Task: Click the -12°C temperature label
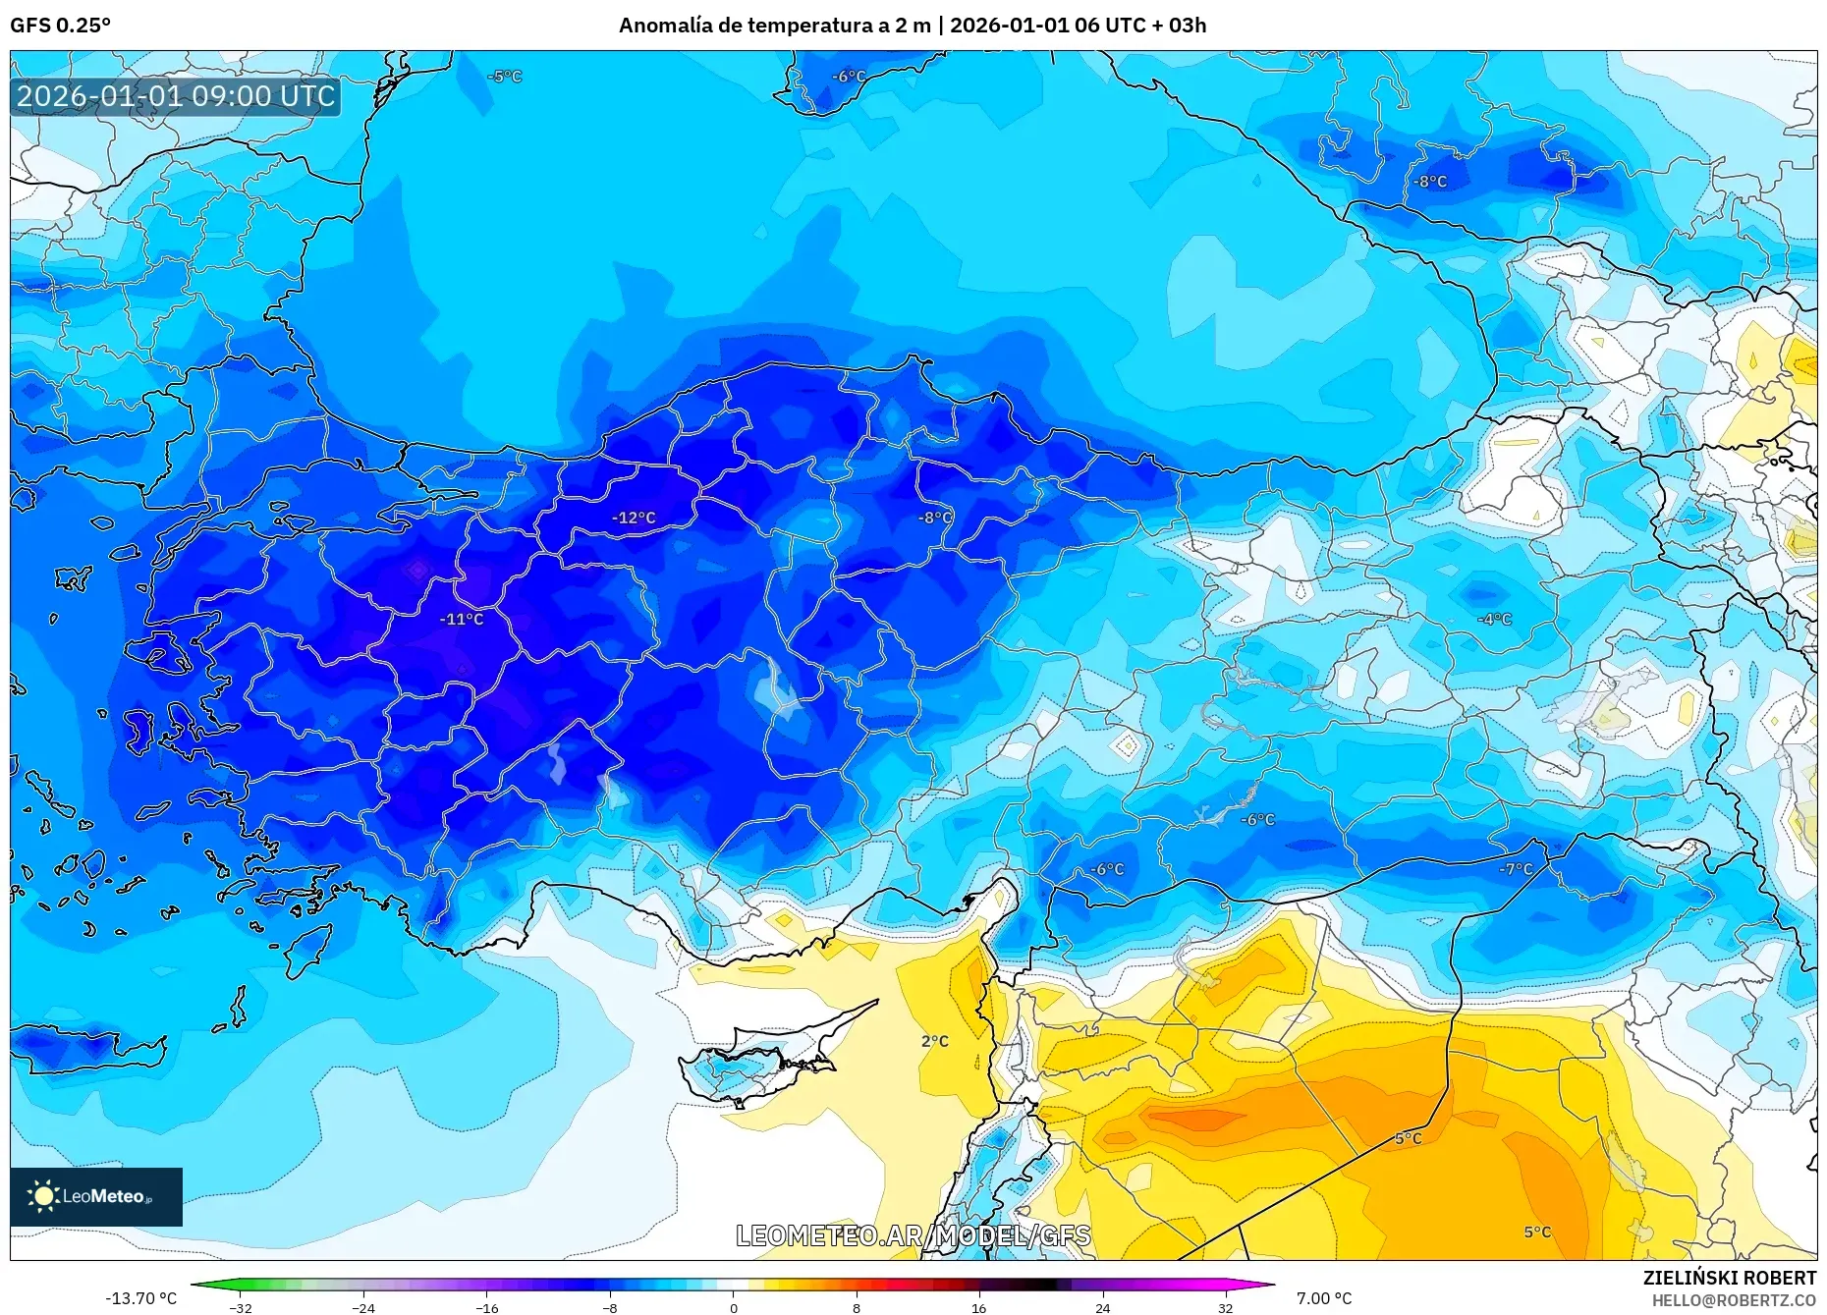pyautogui.click(x=634, y=518)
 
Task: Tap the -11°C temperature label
pyautogui.click(x=462, y=619)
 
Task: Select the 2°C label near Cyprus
pyautogui.click(x=934, y=1041)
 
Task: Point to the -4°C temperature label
pyautogui.click(x=1495, y=619)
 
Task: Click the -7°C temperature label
pyautogui.click(x=1516, y=869)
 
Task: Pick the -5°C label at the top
pyautogui.click(x=505, y=77)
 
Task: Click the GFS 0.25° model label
pyautogui.click(x=61, y=26)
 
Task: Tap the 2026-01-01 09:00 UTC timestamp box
pyautogui.click(x=176, y=96)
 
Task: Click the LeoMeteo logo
pyautogui.click(x=96, y=1196)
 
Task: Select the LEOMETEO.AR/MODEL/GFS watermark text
pyautogui.click(x=913, y=1235)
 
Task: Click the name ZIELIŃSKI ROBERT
pyautogui.click(x=1729, y=1278)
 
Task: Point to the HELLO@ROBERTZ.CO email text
pyautogui.click(x=1733, y=1300)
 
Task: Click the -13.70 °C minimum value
pyautogui.click(x=141, y=1298)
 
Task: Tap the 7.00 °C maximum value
pyautogui.click(x=1323, y=1298)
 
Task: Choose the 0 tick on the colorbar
pyautogui.click(x=733, y=1308)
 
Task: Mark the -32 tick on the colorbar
pyautogui.click(x=241, y=1308)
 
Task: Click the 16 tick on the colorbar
pyautogui.click(x=978, y=1308)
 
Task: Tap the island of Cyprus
pyautogui.click(x=766, y=1061)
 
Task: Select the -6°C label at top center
pyautogui.click(x=850, y=77)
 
